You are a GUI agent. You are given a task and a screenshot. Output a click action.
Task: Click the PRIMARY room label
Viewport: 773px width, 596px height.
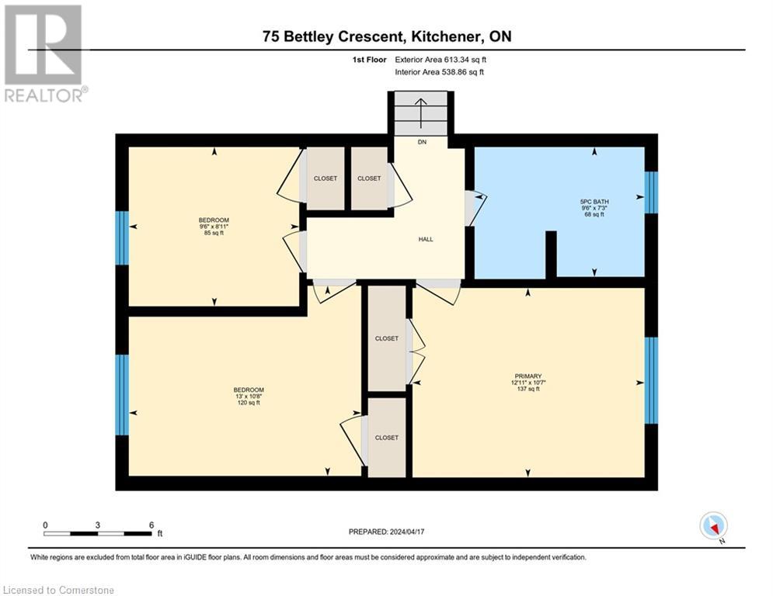click(x=528, y=376)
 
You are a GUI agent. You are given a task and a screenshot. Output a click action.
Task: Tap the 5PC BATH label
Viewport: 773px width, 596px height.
click(x=594, y=202)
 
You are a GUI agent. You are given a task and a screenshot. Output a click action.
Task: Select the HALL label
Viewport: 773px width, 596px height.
click(x=426, y=239)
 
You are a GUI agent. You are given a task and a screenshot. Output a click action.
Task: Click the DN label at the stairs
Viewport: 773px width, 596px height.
click(x=422, y=142)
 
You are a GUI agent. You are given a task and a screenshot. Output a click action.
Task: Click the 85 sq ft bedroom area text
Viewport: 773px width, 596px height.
click(x=214, y=233)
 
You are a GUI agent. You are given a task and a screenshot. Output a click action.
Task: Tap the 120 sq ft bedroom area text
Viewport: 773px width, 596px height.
click(x=249, y=403)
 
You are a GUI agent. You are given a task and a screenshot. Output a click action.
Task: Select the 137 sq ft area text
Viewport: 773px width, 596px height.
click(x=528, y=389)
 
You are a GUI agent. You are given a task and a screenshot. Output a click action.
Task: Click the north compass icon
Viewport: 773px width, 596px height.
click(x=713, y=526)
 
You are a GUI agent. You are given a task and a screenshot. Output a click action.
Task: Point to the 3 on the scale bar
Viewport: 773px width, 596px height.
click(x=98, y=525)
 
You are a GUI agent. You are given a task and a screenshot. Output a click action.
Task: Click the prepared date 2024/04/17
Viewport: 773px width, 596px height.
click(x=407, y=532)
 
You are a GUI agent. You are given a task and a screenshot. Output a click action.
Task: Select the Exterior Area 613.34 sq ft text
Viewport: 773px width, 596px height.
click(x=440, y=60)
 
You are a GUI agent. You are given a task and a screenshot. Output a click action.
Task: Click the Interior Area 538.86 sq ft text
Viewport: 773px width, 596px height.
click(x=439, y=72)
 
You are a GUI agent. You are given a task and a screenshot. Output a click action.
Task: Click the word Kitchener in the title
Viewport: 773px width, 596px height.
click(x=447, y=36)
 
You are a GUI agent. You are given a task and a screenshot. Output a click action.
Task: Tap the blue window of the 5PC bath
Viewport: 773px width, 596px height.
click(x=651, y=192)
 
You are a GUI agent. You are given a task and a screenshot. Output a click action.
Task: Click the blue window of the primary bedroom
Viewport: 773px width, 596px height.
click(x=651, y=380)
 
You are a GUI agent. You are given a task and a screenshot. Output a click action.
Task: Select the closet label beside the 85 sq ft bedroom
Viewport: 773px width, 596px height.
click(x=326, y=178)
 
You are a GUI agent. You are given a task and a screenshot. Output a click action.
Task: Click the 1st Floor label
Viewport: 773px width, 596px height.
click(x=369, y=60)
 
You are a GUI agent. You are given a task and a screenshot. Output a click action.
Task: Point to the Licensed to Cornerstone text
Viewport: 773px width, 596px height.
click(x=59, y=590)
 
